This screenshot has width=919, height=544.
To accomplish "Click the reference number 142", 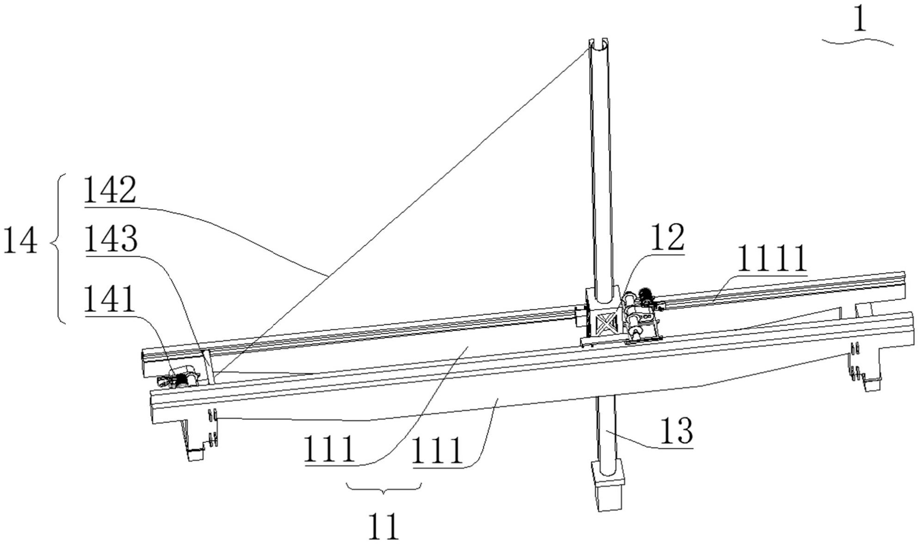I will click(110, 190).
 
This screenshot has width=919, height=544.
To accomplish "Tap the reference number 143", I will click(111, 239).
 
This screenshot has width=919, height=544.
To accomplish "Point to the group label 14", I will click(20, 241).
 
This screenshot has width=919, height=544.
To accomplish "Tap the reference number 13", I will click(677, 431).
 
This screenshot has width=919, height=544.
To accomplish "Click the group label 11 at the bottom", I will click(384, 526).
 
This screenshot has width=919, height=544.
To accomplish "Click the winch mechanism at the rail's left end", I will click(178, 379).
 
